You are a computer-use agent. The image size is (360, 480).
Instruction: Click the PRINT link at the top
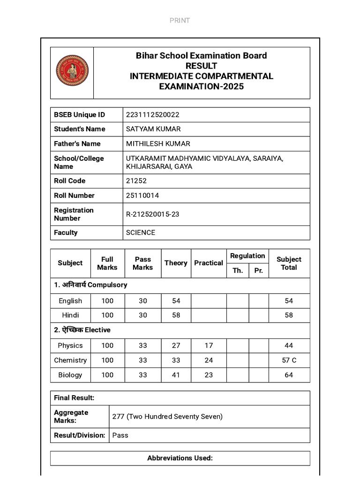click(180, 20)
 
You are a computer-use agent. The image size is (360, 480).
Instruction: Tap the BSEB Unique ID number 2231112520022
click(152, 115)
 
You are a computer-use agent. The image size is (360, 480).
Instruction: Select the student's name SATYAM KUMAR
click(153, 129)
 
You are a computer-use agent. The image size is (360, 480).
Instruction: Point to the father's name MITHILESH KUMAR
click(158, 143)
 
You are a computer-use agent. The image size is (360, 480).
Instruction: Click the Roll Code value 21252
click(136, 181)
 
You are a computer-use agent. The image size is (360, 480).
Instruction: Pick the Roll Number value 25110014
click(142, 195)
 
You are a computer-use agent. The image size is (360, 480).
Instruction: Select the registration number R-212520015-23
click(152, 214)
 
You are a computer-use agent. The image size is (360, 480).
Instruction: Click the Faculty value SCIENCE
click(141, 232)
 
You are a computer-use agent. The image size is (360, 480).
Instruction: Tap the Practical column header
click(209, 263)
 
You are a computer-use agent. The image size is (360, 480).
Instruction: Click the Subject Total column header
click(289, 263)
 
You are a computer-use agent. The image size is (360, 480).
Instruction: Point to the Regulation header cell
click(247, 256)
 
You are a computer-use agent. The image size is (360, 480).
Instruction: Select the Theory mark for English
click(176, 301)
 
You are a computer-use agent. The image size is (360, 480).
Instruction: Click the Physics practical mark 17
click(209, 345)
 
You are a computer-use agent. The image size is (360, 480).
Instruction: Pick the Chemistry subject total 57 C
click(289, 360)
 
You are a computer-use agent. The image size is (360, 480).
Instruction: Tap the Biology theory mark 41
click(176, 375)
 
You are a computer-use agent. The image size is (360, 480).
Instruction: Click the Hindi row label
click(70, 315)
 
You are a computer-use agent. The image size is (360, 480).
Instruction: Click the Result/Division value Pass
click(120, 435)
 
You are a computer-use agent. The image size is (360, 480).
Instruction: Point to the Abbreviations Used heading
click(180, 458)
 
